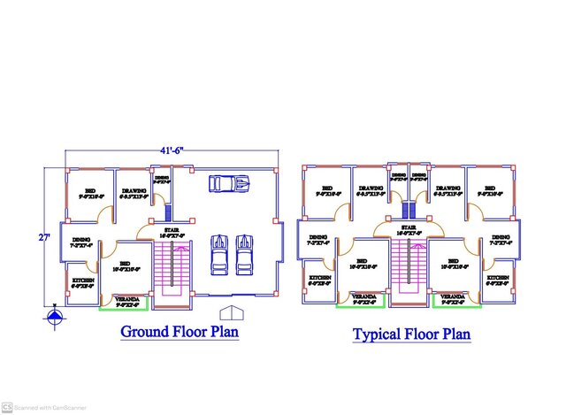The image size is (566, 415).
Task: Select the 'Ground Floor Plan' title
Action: (180, 333)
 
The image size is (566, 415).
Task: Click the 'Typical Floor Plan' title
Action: (411, 334)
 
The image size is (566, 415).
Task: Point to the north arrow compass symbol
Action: (55, 314)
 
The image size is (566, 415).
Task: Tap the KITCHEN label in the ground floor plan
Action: (83, 281)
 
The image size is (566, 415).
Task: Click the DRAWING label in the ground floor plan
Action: (134, 192)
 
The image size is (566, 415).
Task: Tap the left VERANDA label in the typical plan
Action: (363, 297)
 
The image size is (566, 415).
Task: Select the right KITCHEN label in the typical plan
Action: (498, 279)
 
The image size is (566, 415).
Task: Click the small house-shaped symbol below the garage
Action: (231, 312)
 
